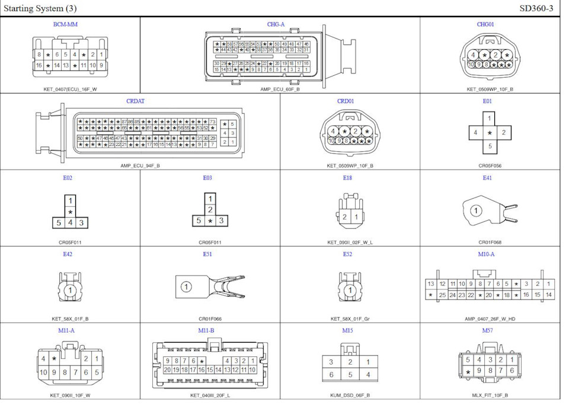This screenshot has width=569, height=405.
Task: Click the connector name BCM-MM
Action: pos(65,24)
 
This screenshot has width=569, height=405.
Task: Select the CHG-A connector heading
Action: pos(276,24)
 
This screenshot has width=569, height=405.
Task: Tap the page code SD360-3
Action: pos(536,8)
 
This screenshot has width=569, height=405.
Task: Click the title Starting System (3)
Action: pos(40,8)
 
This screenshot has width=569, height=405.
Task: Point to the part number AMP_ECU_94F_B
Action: pos(140,165)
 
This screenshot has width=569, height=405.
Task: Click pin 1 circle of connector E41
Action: pos(475,210)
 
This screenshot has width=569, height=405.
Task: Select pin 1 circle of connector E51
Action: pos(186,287)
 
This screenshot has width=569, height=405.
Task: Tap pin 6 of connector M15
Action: pos(331,375)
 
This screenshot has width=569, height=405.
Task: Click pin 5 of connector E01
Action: pos(489,146)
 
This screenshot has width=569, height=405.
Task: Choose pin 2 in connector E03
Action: pos(210,209)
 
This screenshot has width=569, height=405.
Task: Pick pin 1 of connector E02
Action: pos(70,201)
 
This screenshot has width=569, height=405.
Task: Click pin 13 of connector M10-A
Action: pos(431,284)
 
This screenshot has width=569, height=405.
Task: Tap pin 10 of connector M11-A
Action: pos(43,372)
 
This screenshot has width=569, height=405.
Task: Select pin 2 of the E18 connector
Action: pos(344,217)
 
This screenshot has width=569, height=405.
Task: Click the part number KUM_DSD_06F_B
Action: pos(350,395)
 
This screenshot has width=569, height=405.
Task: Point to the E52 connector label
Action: pos(347,254)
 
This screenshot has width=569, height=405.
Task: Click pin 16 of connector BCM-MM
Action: pos(39,65)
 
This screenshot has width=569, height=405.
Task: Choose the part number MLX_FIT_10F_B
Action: pos(490,395)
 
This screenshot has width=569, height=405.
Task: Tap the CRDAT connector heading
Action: pos(135,101)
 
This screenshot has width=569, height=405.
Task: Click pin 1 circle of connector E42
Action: pos(70,291)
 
